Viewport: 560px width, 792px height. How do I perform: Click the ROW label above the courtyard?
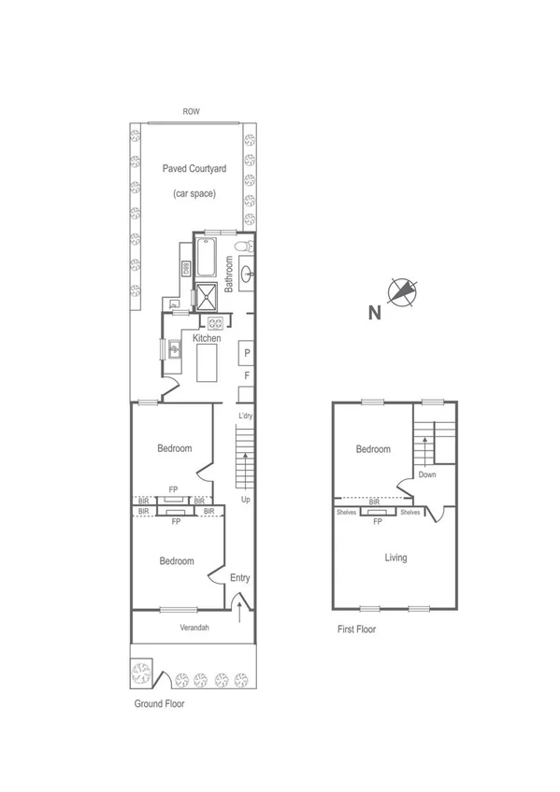click(x=192, y=112)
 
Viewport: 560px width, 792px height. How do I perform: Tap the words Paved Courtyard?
click(x=194, y=168)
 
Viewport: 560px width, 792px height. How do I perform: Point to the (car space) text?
click(x=194, y=193)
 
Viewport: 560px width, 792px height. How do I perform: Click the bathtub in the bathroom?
click(x=207, y=258)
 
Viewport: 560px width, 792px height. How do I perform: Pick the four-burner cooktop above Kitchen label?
click(x=215, y=323)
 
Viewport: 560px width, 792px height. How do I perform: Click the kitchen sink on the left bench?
click(x=174, y=350)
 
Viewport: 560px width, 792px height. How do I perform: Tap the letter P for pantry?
click(x=247, y=354)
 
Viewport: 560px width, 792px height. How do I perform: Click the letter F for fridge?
click(x=247, y=375)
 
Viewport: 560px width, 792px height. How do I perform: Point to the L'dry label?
click(x=247, y=415)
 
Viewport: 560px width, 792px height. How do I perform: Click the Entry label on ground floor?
click(x=240, y=578)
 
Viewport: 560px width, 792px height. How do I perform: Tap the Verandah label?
click(x=194, y=628)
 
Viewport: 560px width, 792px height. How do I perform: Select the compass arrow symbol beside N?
click(x=401, y=292)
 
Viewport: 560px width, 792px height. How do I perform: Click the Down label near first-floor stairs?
click(x=427, y=474)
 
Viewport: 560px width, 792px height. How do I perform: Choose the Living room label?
click(x=396, y=558)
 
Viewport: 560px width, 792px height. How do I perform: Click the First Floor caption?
click(x=356, y=629)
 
